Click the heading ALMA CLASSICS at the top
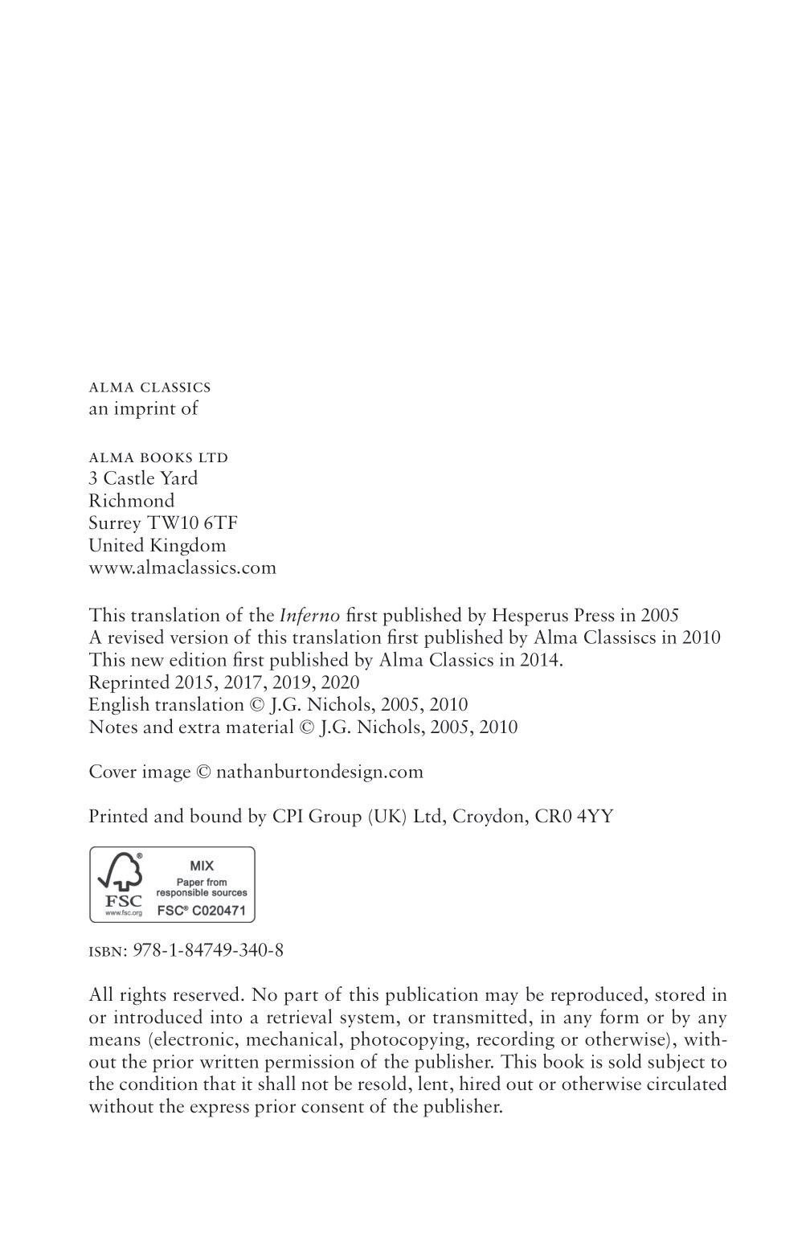(149, 387)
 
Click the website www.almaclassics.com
(182, 568)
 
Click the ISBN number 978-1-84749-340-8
(212, 950)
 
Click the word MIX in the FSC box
(202, 866)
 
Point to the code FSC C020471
(202, 911)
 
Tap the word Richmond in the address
(131, 501)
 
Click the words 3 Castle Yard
(143, 478)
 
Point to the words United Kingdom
(157, 545)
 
